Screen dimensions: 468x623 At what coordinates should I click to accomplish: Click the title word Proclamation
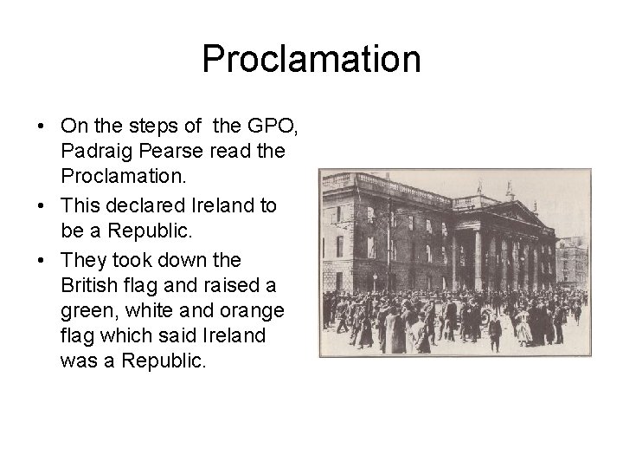[311, 59]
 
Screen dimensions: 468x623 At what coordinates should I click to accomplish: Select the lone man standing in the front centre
[494, 334]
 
